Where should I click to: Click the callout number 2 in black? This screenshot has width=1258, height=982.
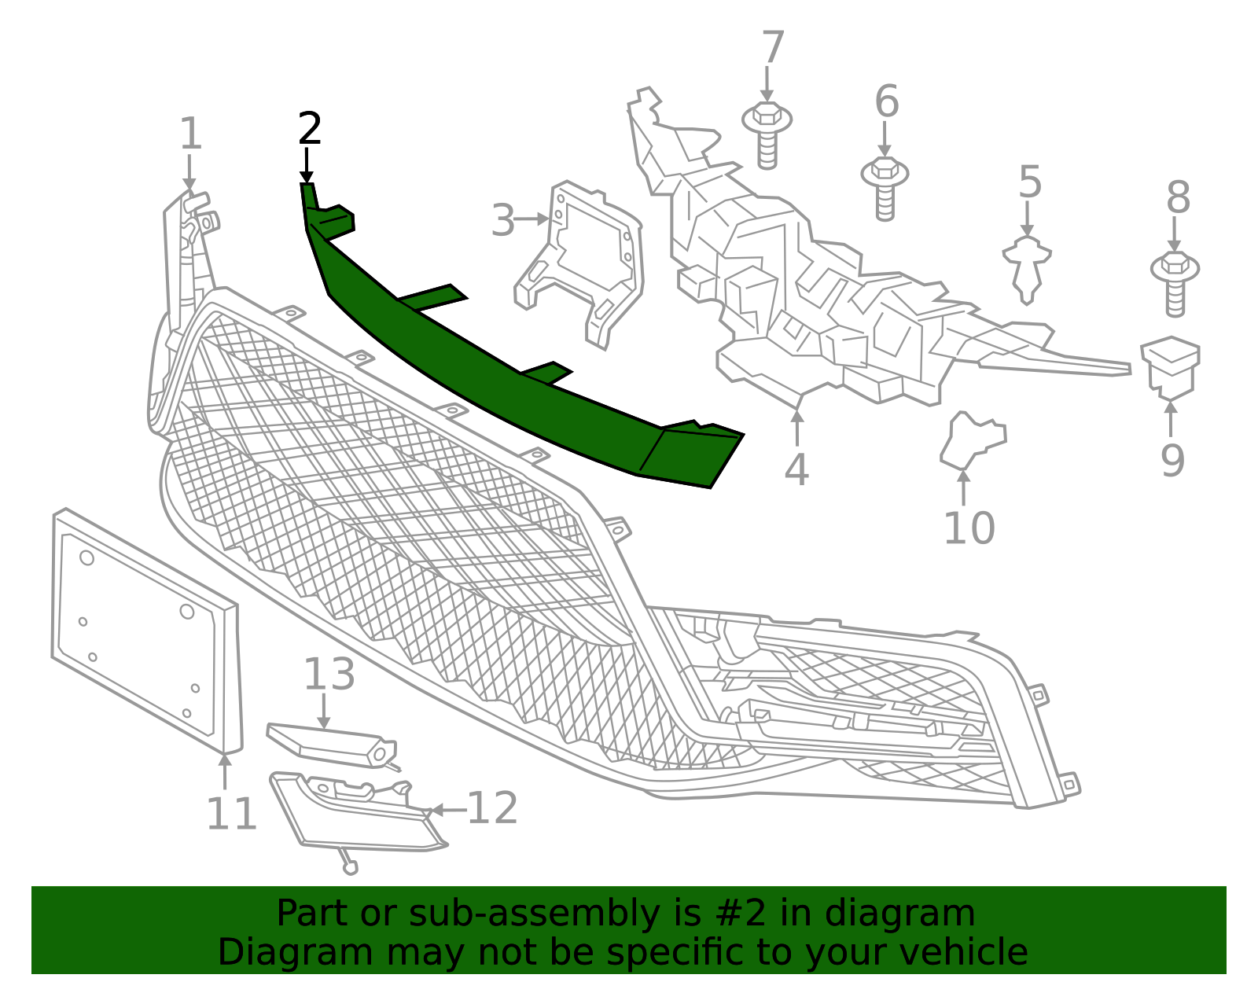coord(310,128)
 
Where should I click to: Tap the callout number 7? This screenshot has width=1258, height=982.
coord(773,47)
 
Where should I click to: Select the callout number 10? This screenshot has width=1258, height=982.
coord(969,528)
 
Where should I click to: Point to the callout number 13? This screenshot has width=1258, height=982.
coord(329,674)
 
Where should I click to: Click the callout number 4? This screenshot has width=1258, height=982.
coord(796,469)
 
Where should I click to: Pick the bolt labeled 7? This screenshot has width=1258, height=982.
coord(767,134)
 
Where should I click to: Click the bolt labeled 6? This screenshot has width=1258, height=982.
coord(885,188)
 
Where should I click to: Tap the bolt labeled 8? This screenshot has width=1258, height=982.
coord(1175,284)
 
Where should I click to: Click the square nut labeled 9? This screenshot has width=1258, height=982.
coord(1171,369)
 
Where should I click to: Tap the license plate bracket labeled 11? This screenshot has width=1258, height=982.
coord(145,631)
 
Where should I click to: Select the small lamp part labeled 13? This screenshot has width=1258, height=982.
coord(333,746)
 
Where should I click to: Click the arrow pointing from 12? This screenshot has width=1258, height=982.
coord(448,810)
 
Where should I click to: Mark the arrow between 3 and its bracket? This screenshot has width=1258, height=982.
coord(532,219)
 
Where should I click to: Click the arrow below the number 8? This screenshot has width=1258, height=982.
coord(1175,234)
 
